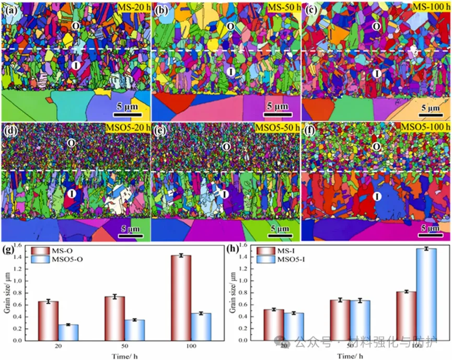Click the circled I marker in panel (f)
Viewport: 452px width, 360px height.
pyautogui.click(x=376, y=196)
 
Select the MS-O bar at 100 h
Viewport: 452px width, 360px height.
pyautogui.click(x=181, y=298)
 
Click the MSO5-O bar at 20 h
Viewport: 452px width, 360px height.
pyautogui.click(x=68, y=332)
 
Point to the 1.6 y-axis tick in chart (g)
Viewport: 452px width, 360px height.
pyautogui.click(x=19, y=246)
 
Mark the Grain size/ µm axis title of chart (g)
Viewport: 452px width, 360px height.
pyautogui.click(x=7, y=293)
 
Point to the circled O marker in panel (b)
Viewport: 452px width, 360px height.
pyautogui.click(x=230, y=26)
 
